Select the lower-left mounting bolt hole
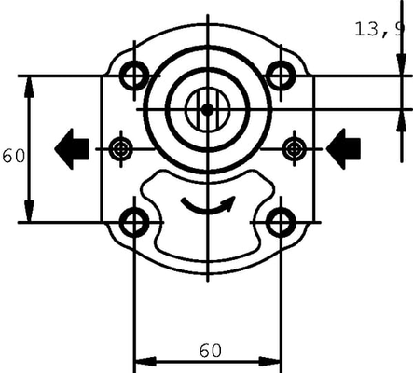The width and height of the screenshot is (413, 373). pos(136,222)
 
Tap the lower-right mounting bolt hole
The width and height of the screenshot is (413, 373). pos(281,222)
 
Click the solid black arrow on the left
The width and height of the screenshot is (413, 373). pos(72,147)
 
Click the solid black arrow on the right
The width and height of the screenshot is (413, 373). pos(344,147)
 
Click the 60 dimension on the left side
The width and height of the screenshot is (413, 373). pos(12,156)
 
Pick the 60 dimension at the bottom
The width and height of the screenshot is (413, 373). pos(210,350)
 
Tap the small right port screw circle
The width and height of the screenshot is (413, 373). pos(295,147)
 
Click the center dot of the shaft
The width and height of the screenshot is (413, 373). pos(207,109)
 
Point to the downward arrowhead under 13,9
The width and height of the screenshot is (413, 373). pos(403,65)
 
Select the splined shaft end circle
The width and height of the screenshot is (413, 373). pos(207,109)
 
